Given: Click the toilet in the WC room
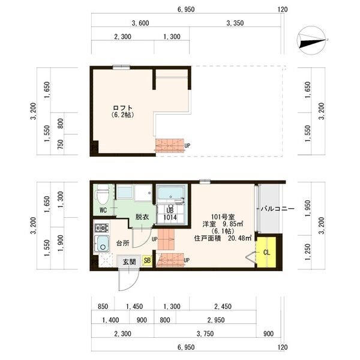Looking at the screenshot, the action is point(102,194).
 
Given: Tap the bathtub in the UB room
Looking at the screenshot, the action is point(170,193).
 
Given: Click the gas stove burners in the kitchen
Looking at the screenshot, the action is point(102,228).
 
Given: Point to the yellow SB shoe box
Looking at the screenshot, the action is point(147,260).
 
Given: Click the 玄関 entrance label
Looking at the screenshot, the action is point(129,262).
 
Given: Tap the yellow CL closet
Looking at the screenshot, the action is point(266,253).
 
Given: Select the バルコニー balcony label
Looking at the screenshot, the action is point(277,209).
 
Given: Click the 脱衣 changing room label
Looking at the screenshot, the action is point(142,217).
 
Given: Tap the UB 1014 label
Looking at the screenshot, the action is point(170,214).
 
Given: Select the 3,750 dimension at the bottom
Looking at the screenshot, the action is point(205,334).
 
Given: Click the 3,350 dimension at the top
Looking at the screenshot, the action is point(235,23).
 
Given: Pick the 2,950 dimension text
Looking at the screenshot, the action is point(216,320).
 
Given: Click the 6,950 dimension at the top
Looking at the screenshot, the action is point(186,10).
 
